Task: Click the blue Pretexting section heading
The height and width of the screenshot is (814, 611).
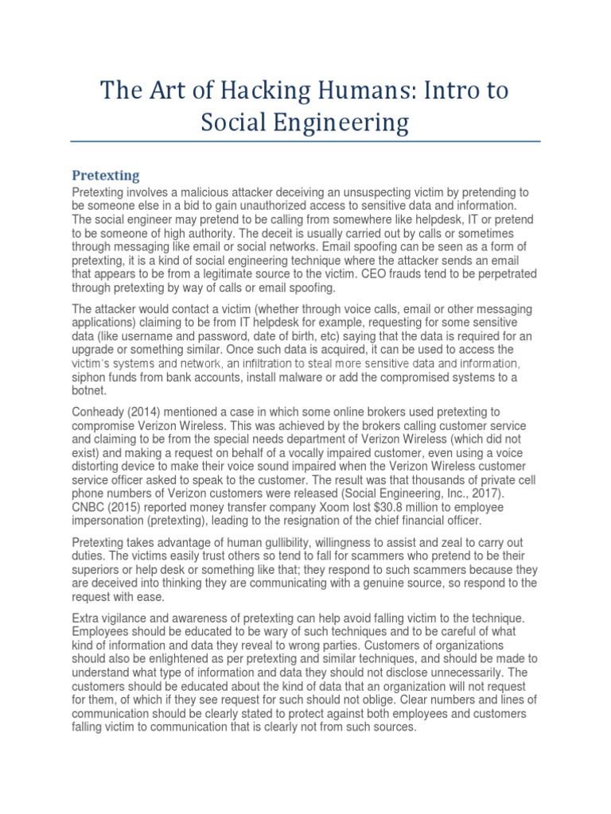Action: click(106, 174)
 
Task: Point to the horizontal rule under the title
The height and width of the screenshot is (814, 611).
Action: click(305, 142)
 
